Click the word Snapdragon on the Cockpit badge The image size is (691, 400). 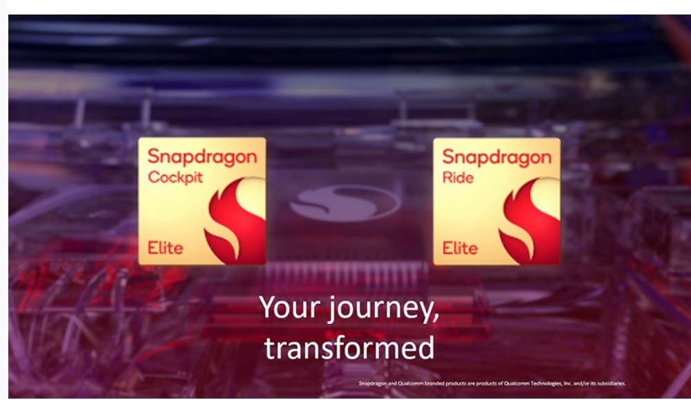(x=202, y=158)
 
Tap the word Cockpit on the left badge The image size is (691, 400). (x=176, y=178)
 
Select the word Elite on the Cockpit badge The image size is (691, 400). (x=165, y=248)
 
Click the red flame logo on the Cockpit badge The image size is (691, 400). (x=235, y=219)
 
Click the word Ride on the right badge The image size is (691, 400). (x=458, y=178)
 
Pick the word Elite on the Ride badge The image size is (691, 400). (x=460, y=248)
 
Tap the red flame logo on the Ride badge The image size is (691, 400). (x=529, y=220)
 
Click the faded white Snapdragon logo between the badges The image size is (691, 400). (x=345, y=203)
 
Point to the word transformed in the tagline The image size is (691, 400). (x=349, y=347)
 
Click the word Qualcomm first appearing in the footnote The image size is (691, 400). (x=410, y=383)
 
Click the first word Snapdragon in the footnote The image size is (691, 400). (x=373, y=383)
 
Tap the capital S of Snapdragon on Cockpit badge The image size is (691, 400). (x=154, y=156)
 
